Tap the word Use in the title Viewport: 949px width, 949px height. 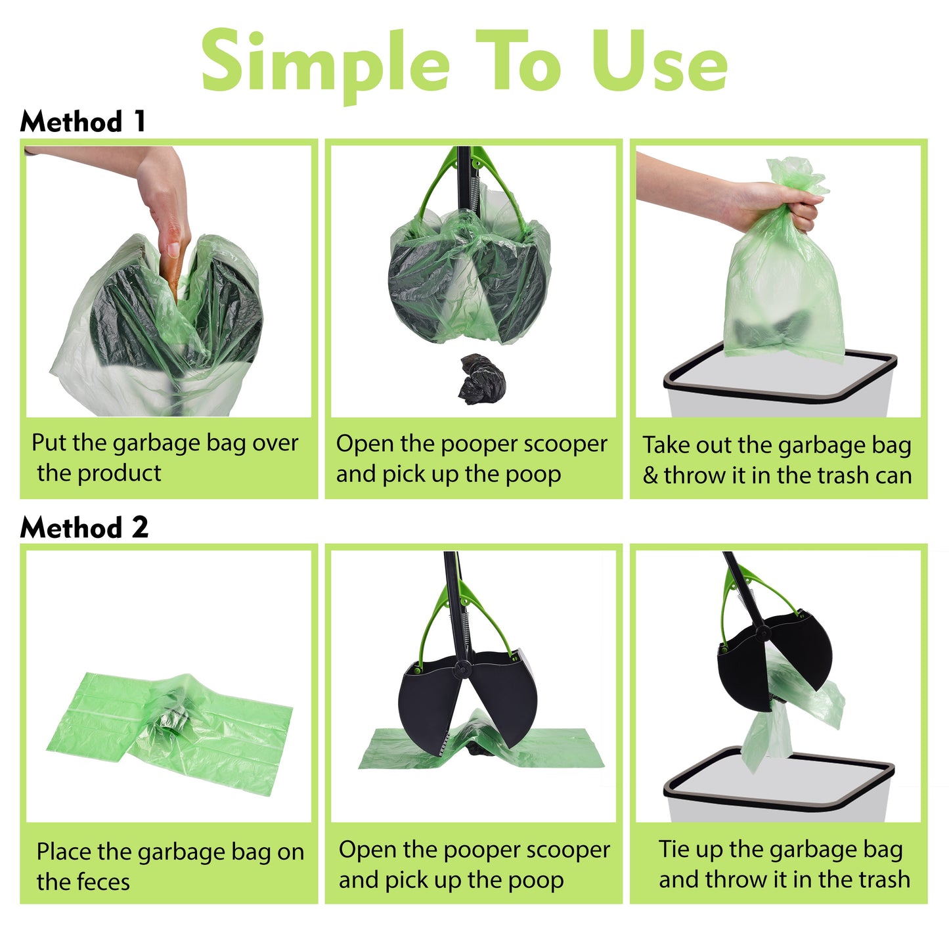(x=659, y=62)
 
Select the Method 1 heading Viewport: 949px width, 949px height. (x=83, y=122)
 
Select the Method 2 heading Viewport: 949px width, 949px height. (x=84, y=527)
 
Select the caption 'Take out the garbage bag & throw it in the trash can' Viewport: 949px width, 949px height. (x=778, y=460)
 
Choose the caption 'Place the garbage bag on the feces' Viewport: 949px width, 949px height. (x=169, y=866)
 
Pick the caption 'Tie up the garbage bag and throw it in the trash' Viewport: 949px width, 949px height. (x=783, y=864)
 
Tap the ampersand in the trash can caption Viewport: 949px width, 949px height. (x=650, y=475)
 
